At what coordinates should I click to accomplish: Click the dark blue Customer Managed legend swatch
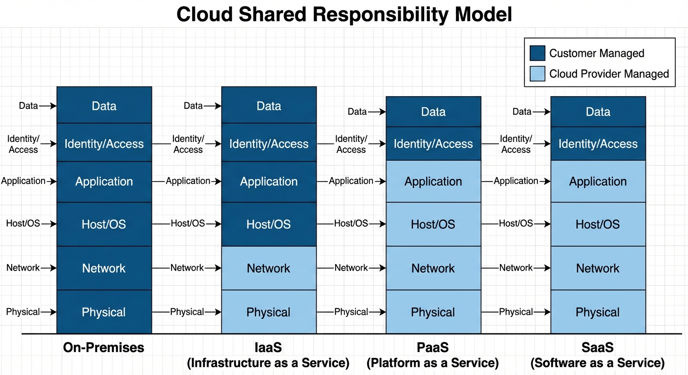tap(537, 53)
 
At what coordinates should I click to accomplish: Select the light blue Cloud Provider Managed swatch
tap(537, 74)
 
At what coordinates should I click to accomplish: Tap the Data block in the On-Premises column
tap(104, 105)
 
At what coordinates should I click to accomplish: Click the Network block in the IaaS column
tap(269, 268)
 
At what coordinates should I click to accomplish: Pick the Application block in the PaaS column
tap(433, 181)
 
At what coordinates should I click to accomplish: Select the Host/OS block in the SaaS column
tap(598, 224)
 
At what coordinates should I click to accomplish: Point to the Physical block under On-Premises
tap(104, 312)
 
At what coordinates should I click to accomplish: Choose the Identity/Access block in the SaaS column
tap(598, 144)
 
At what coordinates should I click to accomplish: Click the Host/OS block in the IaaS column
tap(269, 224)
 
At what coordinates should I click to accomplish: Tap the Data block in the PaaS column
tap(433, 112)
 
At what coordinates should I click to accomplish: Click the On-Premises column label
tap(104, 348)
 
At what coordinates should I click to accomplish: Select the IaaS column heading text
tap(268, 348)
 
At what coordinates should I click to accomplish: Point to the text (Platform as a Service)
tap(433, 363)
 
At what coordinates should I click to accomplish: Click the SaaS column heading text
tap(598, 348)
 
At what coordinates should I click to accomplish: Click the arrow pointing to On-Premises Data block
tap(48, 105)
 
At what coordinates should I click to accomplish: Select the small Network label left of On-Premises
tap(22, 268)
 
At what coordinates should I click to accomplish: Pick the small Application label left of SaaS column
tap(516, 181)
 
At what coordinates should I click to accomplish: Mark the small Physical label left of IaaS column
tap(187, 312)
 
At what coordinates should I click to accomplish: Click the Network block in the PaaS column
tap(433, 268)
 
